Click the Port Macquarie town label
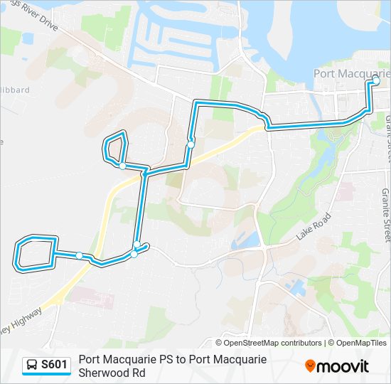[352, 73]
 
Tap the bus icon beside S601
[32, 366]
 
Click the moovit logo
[337, 366]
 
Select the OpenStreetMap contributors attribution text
[273, 343]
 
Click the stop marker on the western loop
[80, 255]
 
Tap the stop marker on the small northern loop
[123, 166]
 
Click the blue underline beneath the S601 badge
[46, 375]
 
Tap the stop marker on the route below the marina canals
[191, 144]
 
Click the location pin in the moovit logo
[310, 366]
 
